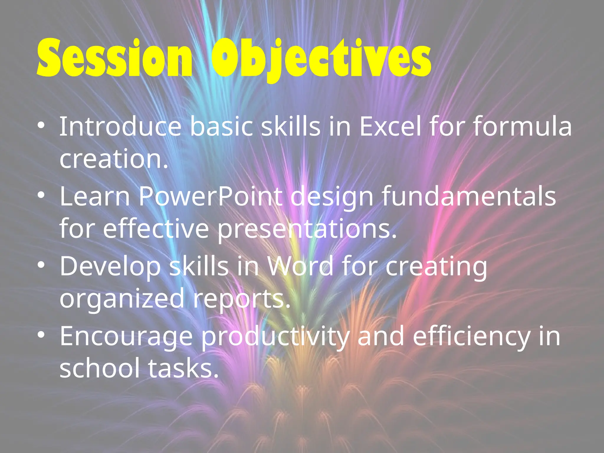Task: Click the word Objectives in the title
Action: [x=321, y=59]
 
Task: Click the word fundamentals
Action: [x=469, y=196]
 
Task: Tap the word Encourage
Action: [x=126, y=337]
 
